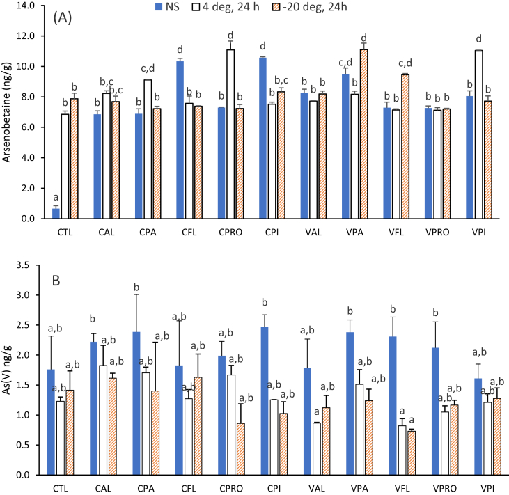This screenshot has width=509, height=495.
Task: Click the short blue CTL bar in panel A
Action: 55,214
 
